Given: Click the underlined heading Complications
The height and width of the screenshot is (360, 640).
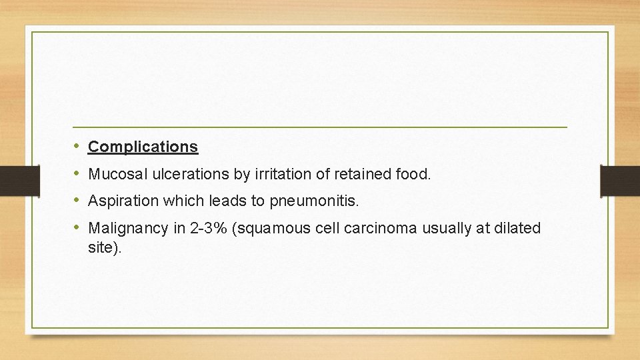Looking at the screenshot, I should coord(143,147).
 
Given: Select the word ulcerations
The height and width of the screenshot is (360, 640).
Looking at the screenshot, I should coord(186,175).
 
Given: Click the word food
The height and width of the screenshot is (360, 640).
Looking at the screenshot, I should coord(415,175).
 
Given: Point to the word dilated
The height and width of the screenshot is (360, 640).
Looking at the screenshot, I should coord(519,229).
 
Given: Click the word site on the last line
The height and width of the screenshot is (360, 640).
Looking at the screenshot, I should coord(103,247).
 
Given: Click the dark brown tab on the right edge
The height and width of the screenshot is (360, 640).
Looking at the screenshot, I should coord(620,181).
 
